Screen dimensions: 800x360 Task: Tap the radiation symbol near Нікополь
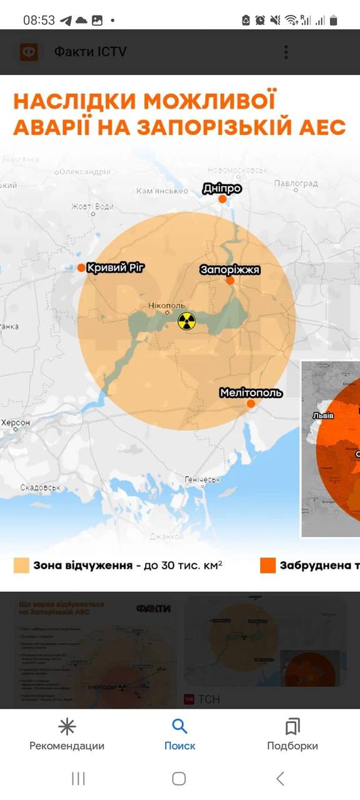point(186,321)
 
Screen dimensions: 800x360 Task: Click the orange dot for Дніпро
point(222,199)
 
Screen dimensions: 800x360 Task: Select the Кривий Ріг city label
point(116,267)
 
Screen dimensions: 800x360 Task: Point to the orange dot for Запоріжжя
point(230,281)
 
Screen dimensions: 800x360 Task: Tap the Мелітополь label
point(251,392)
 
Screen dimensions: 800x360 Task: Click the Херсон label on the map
point(15,423)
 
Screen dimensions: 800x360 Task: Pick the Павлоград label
point(296,184)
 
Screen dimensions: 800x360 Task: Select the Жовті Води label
point(92,206)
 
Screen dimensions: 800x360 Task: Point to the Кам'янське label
point(162,191)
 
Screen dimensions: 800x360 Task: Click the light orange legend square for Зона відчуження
point(21,566)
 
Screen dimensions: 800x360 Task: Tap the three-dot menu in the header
point(286,52)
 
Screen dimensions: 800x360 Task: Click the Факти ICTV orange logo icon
point(29,52)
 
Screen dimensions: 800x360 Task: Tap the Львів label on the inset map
point(323,416)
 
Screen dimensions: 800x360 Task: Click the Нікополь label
point(167,306)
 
